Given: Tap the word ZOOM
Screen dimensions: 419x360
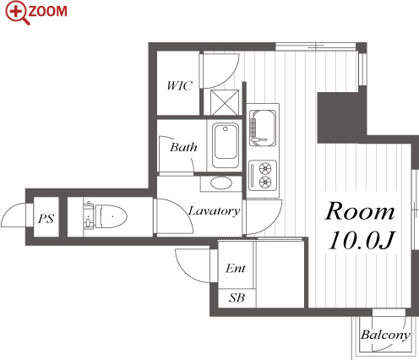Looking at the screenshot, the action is click(48, 11).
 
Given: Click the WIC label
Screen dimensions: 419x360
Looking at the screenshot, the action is click(179, 85).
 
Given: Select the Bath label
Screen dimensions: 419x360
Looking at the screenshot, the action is click(183, 147).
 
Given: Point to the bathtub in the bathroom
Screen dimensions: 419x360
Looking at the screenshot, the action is click(225, 145).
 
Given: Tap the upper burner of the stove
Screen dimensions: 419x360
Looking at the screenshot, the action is click(265, 168).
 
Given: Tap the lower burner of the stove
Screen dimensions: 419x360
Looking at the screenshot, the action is click(265, 182).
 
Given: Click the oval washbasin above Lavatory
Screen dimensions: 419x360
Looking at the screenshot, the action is click(221, 183).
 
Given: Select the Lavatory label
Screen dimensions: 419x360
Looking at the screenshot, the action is click(214, 210).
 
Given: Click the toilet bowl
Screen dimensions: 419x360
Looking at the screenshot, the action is click(112, 216).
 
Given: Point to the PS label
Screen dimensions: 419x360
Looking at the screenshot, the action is click(46, 218).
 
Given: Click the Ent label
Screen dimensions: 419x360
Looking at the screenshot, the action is click(236, 268).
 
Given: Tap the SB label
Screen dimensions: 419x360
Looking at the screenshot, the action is click(237, 297).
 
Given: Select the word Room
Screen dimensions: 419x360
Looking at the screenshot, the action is click(360, 211).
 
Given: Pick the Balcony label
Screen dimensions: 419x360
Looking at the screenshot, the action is click(385, 335).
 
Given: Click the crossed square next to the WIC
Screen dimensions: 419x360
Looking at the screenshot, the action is click(225, 102).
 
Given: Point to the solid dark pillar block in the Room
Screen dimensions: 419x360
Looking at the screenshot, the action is click(342, 117).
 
